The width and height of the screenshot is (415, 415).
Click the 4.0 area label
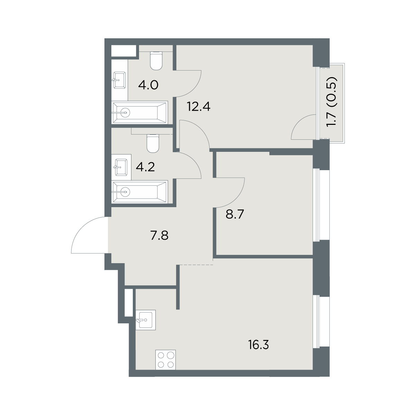148,85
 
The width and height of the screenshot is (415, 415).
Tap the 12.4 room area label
199,107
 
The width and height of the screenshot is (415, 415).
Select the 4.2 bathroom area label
145,167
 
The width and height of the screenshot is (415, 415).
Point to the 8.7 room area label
235,214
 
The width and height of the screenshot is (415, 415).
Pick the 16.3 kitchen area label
258,351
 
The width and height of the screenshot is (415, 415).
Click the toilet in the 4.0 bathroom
156,61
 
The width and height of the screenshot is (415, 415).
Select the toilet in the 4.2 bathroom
153,144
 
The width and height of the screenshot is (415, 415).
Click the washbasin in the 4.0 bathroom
119,80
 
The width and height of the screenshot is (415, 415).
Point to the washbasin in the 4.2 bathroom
121,167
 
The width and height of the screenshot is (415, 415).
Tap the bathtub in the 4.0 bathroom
140,112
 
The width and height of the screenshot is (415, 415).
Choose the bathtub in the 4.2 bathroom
140,192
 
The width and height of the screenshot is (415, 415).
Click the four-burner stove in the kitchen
165,360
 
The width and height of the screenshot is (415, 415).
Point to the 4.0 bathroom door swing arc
193,89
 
